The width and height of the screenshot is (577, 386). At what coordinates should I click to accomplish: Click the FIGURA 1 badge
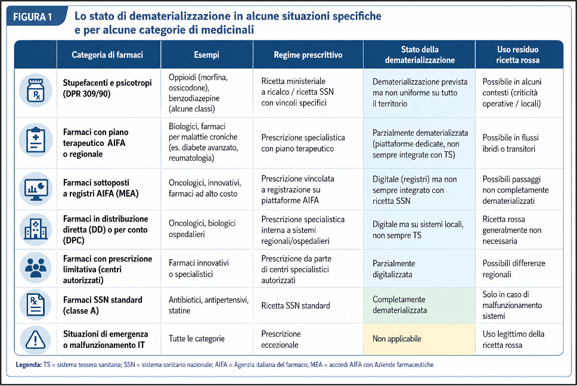(x=35, y=17)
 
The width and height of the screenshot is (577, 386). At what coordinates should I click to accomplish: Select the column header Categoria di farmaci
(x=107, y=55)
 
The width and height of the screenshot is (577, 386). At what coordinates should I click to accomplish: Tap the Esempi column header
(x=206, y=55)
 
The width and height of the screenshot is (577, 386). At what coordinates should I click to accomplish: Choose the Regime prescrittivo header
(x=308, y=55)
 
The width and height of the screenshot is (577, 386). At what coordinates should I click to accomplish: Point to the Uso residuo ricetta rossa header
(x=518, y=55)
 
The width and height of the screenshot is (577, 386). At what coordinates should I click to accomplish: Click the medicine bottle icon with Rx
(x=36, y=91)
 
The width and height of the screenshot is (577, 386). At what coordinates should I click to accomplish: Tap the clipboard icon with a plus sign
(x=36, y=140)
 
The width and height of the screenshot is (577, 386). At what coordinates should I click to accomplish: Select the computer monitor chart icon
(x=36, y=189)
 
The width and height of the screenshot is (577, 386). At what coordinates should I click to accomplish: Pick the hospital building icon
(x=36, y=229)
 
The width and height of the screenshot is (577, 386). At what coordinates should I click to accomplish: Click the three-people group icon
(x=36, y=267)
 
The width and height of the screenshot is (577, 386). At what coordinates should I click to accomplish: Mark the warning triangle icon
(x=36, y=340)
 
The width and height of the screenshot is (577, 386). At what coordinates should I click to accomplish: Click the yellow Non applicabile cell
(x=419, y=339)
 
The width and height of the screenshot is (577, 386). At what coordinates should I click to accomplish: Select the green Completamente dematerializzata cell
(x=419, y=305)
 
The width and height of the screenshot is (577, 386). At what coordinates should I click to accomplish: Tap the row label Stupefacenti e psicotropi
(x=107, y=88)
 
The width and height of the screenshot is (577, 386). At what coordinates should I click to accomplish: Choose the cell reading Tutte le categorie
(x=197, y=338)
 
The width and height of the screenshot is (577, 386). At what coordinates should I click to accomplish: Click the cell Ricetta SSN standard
(x=296, y=306)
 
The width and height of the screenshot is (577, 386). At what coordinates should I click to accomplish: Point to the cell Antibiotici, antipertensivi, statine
(x=209, y=305)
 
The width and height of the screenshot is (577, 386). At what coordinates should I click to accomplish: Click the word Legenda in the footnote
(x=29, y=365)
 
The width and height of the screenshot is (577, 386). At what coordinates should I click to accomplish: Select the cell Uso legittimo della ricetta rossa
(x=513, y=340)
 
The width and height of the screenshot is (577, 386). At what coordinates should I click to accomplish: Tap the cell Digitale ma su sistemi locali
(x=418, y=230)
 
